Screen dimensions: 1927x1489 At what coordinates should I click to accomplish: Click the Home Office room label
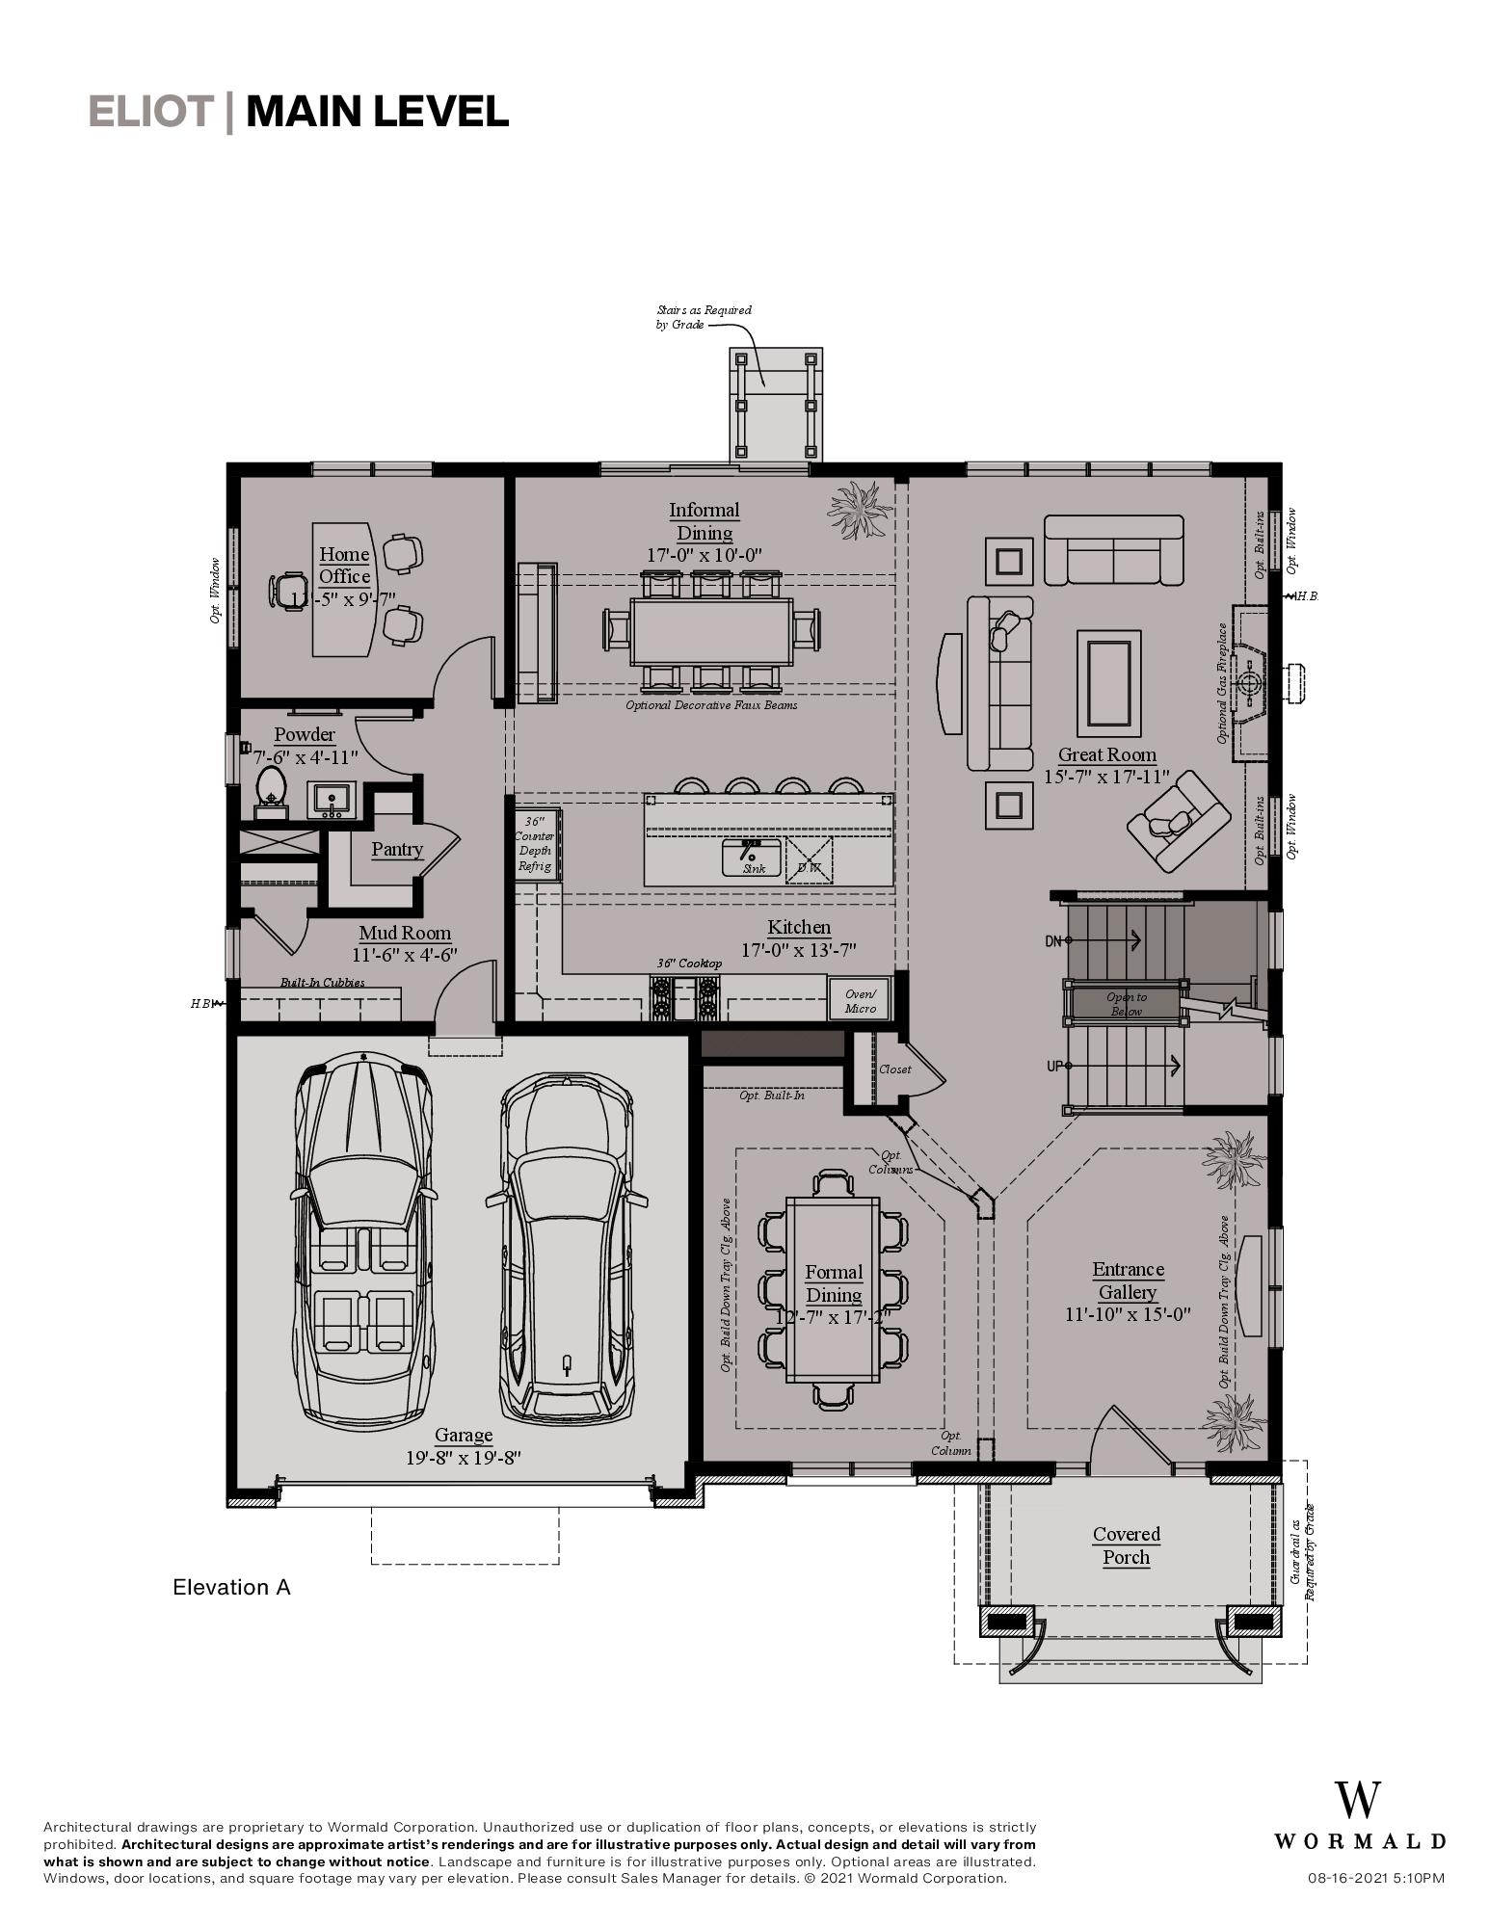pos(344,565)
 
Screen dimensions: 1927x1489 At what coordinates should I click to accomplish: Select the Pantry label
pos(397,849)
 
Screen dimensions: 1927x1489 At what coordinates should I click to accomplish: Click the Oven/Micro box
pos(860,1000)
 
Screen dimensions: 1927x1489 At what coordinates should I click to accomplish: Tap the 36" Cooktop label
pos(689,963)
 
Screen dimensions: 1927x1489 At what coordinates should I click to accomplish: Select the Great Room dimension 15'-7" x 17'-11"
pos(1106,777)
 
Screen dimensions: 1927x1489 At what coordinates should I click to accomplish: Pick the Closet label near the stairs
pos(894,1069)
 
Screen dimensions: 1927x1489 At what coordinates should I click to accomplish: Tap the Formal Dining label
pos(834,1283)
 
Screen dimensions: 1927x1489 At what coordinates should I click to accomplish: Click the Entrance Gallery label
pos(1128,1280)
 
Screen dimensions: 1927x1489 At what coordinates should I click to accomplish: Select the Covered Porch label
pos(1126,1545)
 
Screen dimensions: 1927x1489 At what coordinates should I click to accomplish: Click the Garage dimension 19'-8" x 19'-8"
pos(463,1458)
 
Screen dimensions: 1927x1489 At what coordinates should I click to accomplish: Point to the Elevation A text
pos(231,1587)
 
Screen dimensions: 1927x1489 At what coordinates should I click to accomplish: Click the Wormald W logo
pos(1358,1801)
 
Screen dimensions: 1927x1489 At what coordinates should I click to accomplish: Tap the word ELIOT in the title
pos(150,112)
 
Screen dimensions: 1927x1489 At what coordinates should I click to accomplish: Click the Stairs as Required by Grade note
pos(704,317)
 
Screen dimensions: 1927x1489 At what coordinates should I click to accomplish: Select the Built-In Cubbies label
pos(322,983)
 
